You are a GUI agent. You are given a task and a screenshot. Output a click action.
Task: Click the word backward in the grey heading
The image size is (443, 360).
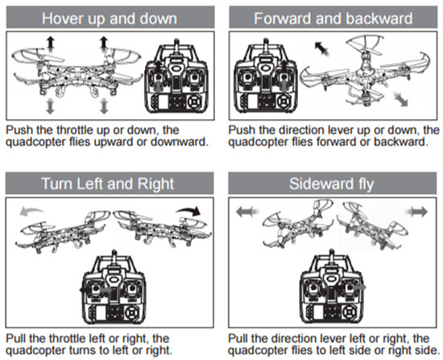[379, 19]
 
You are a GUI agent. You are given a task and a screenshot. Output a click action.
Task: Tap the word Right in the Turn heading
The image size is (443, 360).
[155, 184]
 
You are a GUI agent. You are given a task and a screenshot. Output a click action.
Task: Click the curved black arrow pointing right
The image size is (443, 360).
[189, 210]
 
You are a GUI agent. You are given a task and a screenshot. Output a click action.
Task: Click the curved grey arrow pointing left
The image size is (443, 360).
[31, 211]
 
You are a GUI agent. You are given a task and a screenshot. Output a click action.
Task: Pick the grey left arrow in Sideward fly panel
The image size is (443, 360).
[247, 212]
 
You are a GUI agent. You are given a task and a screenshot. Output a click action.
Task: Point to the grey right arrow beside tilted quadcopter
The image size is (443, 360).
[417, 212]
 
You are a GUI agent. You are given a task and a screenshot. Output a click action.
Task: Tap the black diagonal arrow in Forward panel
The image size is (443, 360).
[322, 48]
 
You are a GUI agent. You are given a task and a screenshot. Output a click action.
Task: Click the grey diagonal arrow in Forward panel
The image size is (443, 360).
[400, 99]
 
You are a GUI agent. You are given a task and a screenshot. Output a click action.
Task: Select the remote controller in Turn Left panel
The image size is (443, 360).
[113, 287]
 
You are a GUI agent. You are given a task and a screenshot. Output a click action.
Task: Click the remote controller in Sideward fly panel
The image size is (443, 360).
[332, 287]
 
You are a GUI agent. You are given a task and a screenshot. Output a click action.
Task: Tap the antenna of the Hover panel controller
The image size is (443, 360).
[176, 47]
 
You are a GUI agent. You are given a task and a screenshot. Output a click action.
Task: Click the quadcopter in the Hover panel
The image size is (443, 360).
[77, 72]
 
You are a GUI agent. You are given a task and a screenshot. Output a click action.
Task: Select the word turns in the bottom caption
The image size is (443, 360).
[82, 350]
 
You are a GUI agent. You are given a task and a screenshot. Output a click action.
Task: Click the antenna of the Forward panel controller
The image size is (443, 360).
[266, 47]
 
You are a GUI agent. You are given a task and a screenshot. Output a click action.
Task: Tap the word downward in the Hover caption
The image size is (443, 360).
[179, 142]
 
